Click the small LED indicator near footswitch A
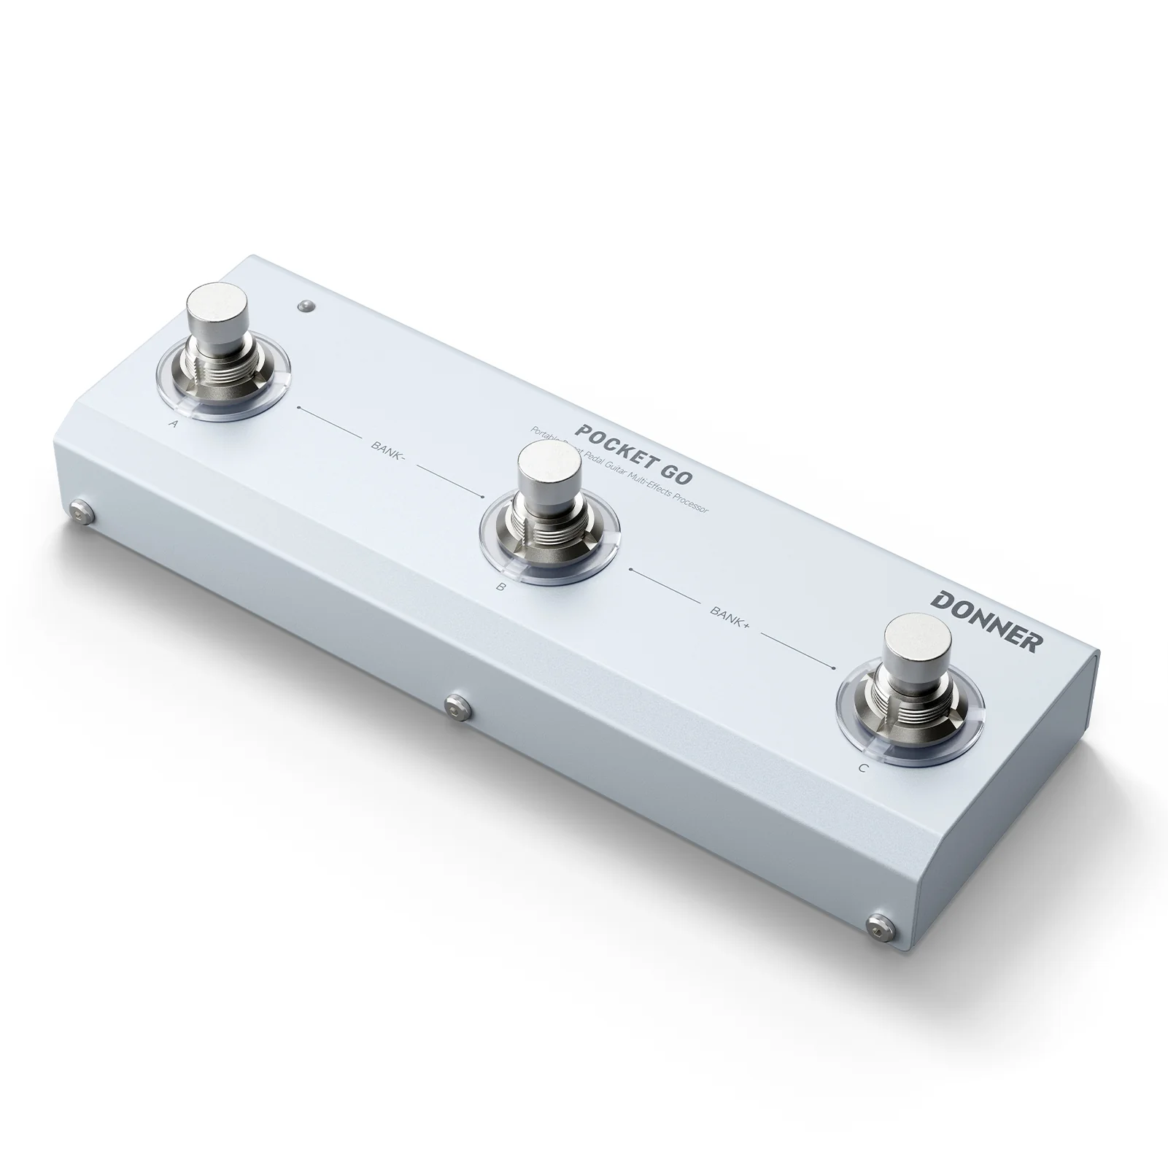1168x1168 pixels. (x=306, y=305)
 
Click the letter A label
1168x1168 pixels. (x=171, y=423)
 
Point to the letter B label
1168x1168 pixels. (x=500, y=585)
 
